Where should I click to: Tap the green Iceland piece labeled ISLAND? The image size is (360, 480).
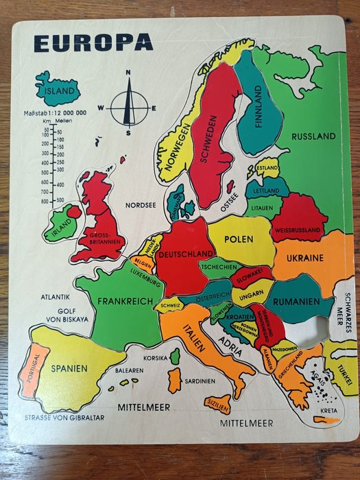tap(58, 89)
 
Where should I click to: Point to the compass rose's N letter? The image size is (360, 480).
tap(128, 72)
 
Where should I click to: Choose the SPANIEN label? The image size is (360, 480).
tap(69, 368)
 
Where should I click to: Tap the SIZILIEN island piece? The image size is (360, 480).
tap(217, 404)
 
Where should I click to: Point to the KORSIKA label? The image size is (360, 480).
tap(155, 357)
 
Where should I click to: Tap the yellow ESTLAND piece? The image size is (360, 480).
tap(267, 168)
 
